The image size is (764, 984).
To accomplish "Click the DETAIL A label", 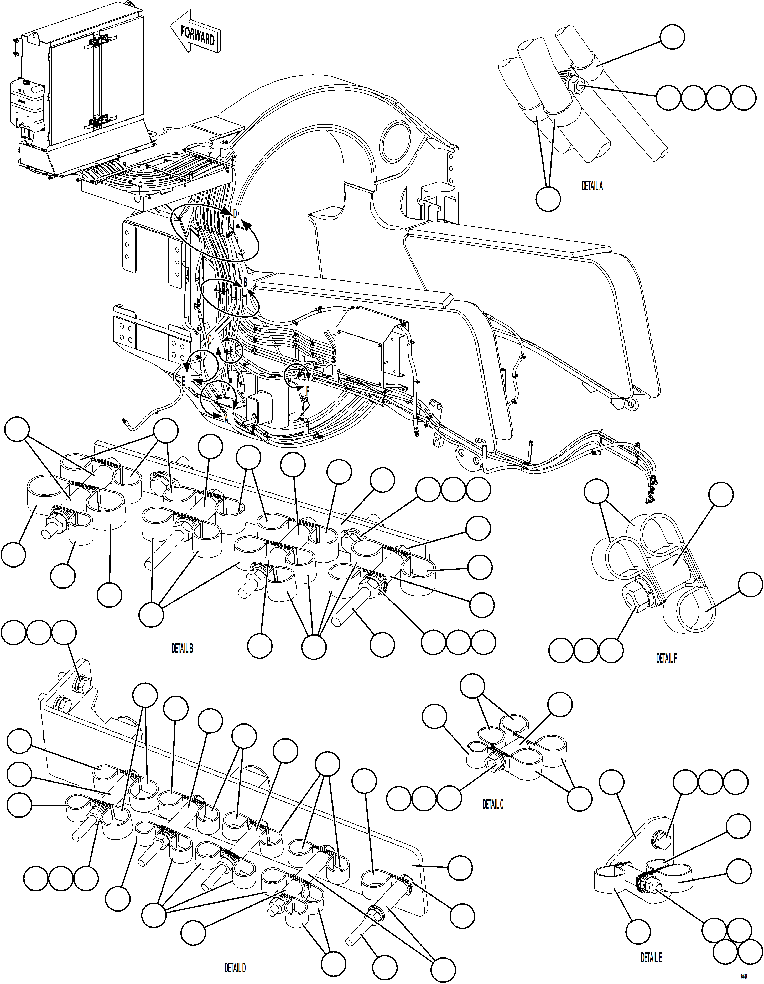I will (x=592, y=186).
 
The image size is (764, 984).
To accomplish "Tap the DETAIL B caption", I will (x=182, y=648).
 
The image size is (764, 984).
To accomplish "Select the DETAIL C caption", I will (x=493, y=804).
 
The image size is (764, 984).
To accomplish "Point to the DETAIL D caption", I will (x=235, y=968).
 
